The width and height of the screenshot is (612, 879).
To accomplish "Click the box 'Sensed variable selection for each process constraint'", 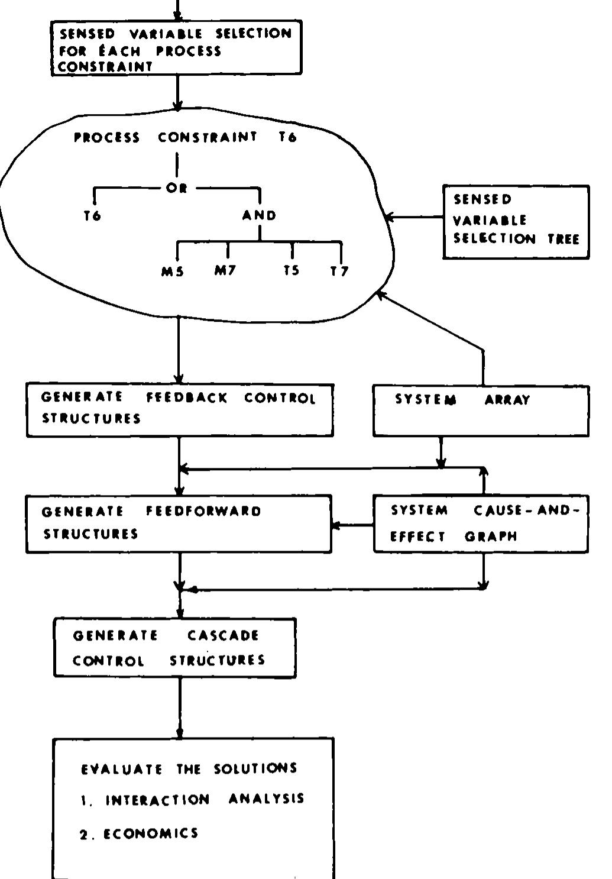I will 176,48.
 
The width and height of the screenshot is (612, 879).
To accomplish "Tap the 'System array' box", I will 480,411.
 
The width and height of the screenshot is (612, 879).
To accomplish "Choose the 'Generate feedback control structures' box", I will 180,410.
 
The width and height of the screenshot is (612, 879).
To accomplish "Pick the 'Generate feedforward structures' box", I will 179,523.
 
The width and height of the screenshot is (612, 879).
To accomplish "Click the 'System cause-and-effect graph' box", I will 480,523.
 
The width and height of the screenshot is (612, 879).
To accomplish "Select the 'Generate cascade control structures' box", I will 174,648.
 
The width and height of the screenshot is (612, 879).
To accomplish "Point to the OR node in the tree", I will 176,188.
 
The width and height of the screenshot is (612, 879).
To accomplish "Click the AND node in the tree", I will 259,215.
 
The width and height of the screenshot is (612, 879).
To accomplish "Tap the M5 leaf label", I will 173,272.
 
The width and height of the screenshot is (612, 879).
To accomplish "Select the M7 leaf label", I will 225,270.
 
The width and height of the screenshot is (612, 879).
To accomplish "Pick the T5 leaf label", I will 292,270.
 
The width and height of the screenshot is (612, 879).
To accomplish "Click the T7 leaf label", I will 339,272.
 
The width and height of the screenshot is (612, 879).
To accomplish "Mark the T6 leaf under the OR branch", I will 92,216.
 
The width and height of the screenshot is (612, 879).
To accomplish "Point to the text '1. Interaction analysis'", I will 192,800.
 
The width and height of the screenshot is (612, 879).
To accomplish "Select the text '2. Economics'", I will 140,834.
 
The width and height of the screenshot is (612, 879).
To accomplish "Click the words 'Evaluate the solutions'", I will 189,769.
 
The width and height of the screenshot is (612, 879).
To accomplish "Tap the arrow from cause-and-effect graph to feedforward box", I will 352,525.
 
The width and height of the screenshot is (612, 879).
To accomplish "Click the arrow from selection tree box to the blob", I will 414,218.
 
